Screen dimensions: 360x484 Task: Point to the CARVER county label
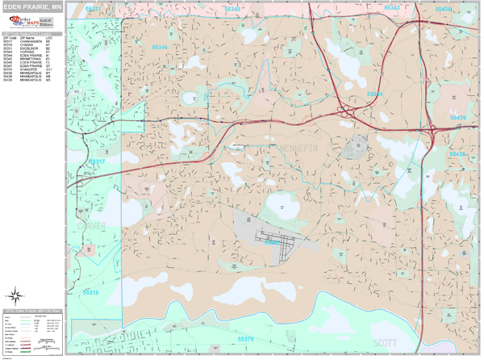click(91, 228)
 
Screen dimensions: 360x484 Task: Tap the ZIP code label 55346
click(159, 48)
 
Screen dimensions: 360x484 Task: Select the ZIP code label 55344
click(377, 94)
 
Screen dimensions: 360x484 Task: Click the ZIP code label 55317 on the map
click(97, 161)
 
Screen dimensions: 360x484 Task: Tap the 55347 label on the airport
click(271, 241)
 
